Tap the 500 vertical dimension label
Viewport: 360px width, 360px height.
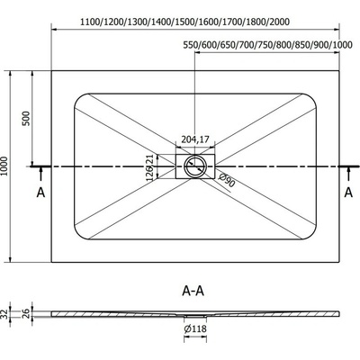(26, 118)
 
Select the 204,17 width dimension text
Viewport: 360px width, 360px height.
(195, 139)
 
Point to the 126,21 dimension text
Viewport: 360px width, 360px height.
(150, 167)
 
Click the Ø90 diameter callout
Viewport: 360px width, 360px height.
(227, 180)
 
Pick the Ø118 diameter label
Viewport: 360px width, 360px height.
(195, 328)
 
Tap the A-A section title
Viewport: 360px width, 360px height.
(193, 291)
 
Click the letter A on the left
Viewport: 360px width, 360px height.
(40, 193)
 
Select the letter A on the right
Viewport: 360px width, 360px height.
(348, 193)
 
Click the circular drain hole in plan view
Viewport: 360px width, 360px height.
(195, 166)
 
